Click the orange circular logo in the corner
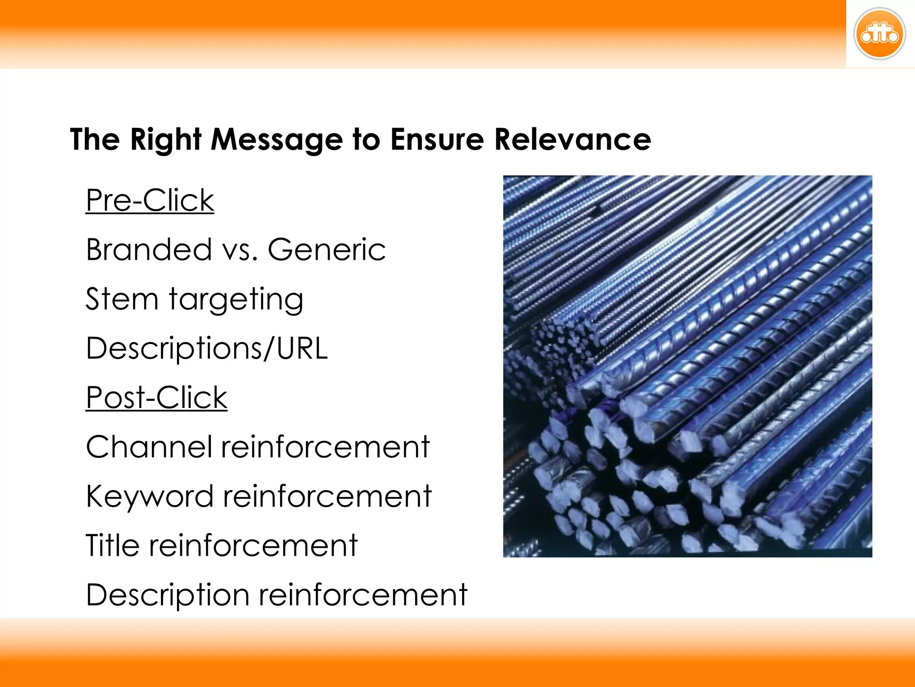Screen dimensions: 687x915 879,34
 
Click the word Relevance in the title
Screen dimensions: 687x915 572,139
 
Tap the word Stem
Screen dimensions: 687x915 122,299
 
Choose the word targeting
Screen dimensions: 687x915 236,300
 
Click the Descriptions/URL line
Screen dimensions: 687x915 207,348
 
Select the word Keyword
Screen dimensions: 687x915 150,496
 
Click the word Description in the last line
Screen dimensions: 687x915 168,595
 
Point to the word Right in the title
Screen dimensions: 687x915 166,140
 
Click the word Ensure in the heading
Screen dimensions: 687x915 437,139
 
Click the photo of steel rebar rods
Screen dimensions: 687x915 688,366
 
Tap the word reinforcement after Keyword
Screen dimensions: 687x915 327,496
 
